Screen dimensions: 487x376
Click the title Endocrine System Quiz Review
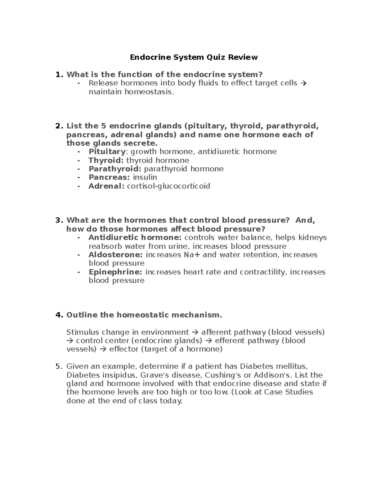(194, 57)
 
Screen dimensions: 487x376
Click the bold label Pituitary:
(108, 152)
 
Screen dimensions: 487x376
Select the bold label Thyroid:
(106, 161)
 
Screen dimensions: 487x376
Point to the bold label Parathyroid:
(115, 169)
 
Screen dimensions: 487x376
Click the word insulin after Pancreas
(145, 177)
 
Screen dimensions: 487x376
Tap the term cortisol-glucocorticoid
(168, 186)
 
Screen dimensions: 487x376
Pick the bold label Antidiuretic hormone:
(135, 237)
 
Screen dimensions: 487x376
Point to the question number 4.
(59, 315)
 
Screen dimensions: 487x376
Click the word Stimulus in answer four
(82, 332)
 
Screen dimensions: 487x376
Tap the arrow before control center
(70, 341)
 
